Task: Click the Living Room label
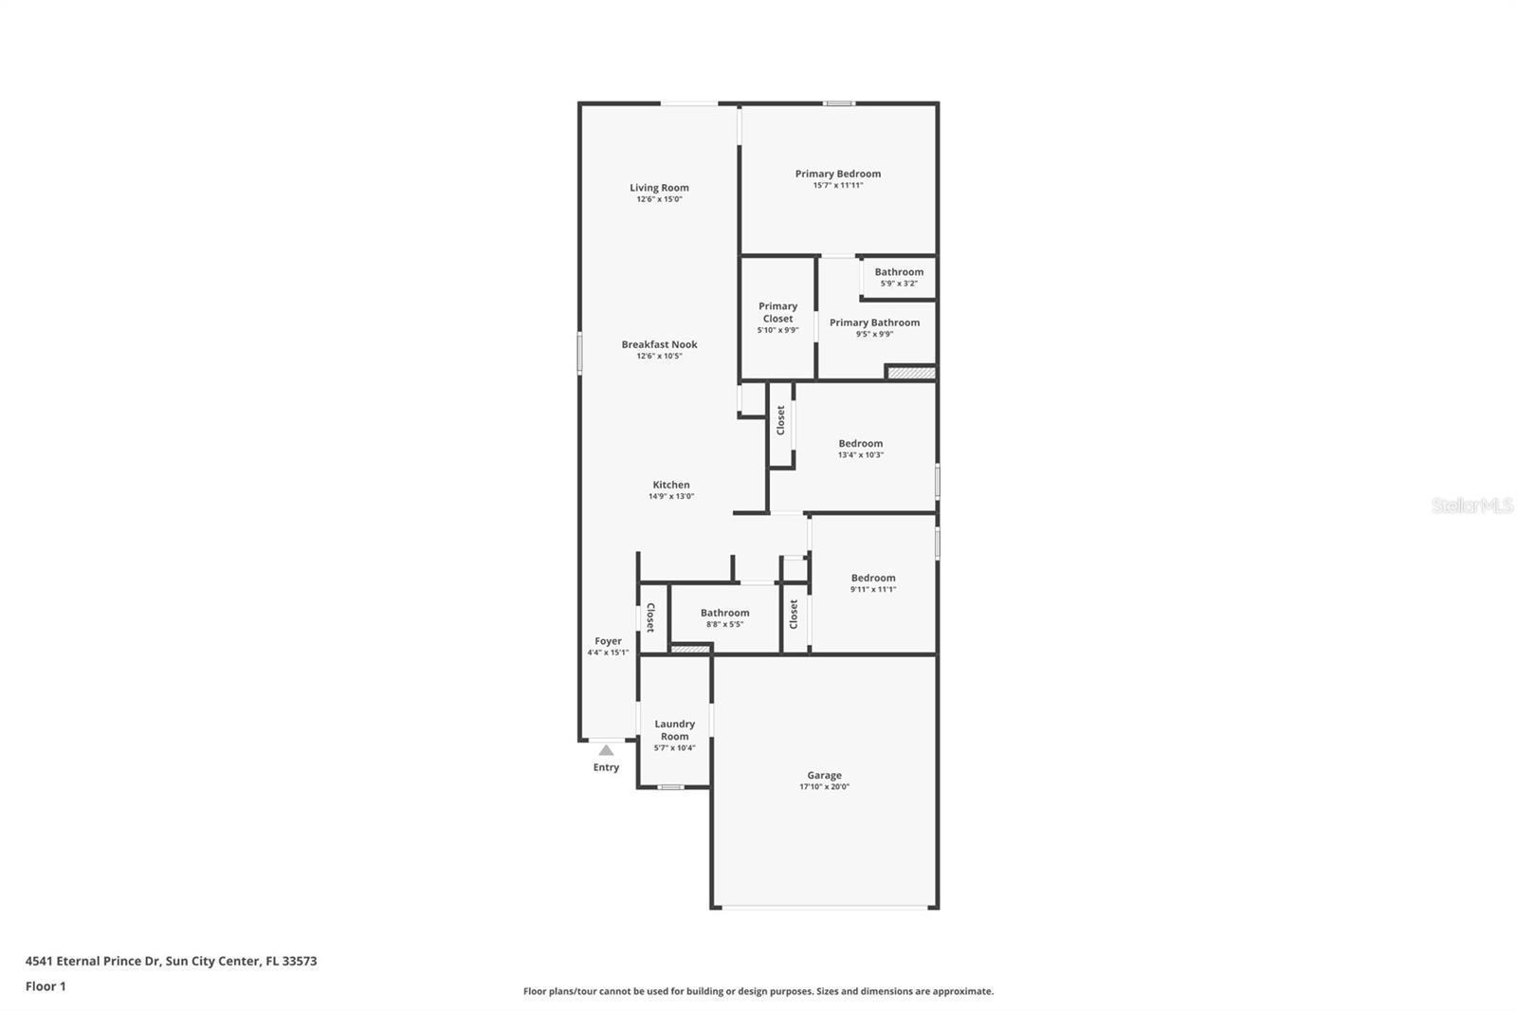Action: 659,188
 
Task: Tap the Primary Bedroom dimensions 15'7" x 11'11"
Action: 837,186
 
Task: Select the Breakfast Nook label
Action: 659,344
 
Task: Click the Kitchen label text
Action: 670,485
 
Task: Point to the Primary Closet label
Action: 777,312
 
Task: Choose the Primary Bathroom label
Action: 874,322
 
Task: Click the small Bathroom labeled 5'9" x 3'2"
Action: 899,272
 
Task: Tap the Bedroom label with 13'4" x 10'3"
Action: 860,443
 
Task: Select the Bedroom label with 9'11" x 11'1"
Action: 872,578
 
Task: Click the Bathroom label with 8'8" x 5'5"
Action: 724,613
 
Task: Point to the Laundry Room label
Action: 674,729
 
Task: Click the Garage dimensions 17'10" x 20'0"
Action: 824,787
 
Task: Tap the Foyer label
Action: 608,641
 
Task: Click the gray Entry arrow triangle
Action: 606,750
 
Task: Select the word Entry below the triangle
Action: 606,767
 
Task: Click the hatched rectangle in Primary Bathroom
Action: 911,373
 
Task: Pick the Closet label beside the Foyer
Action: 650,618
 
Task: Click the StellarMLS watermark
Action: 1471,506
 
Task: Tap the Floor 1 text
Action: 46,986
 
